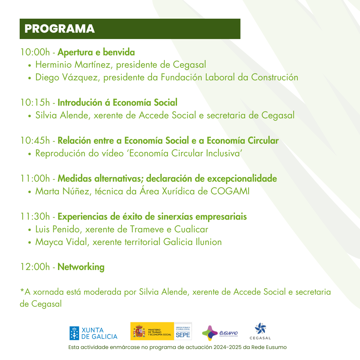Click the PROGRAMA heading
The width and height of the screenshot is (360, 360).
point(60,29)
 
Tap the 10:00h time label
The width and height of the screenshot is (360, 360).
point(35,53)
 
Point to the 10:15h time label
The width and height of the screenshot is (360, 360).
point(35,103)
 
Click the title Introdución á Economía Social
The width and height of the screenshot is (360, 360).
point(117,103)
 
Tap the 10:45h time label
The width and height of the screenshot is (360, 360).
point(35,141)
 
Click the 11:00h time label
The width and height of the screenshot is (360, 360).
point(35,179)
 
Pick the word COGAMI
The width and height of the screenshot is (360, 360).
point(230,192)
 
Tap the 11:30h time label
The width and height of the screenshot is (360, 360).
point(35,217)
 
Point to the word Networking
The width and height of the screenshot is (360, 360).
point(81,267)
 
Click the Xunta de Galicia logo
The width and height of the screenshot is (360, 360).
point(93,333)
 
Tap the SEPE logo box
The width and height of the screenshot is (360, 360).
point(183,332)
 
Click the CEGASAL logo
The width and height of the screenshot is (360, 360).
point(260,331)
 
